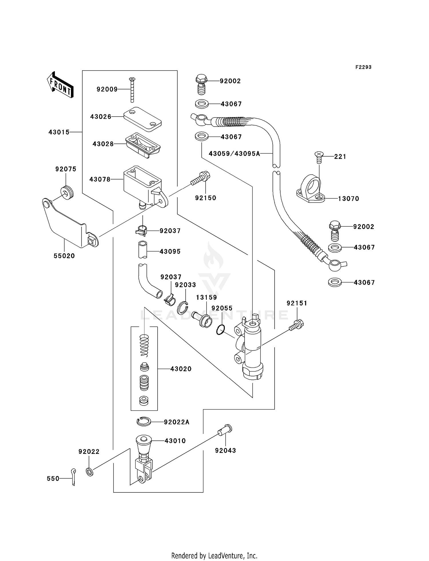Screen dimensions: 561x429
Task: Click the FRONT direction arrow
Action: (60, 85)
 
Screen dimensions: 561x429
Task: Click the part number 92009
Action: (107, 89)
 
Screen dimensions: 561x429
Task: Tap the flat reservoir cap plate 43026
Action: (142, 119)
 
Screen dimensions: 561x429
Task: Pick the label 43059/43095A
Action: (234, 154)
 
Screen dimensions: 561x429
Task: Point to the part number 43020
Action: (181, 369)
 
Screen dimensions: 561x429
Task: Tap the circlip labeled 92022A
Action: (144, 422)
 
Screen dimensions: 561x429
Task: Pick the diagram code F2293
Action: (363, 67)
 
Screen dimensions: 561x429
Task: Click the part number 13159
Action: (206, 298)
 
